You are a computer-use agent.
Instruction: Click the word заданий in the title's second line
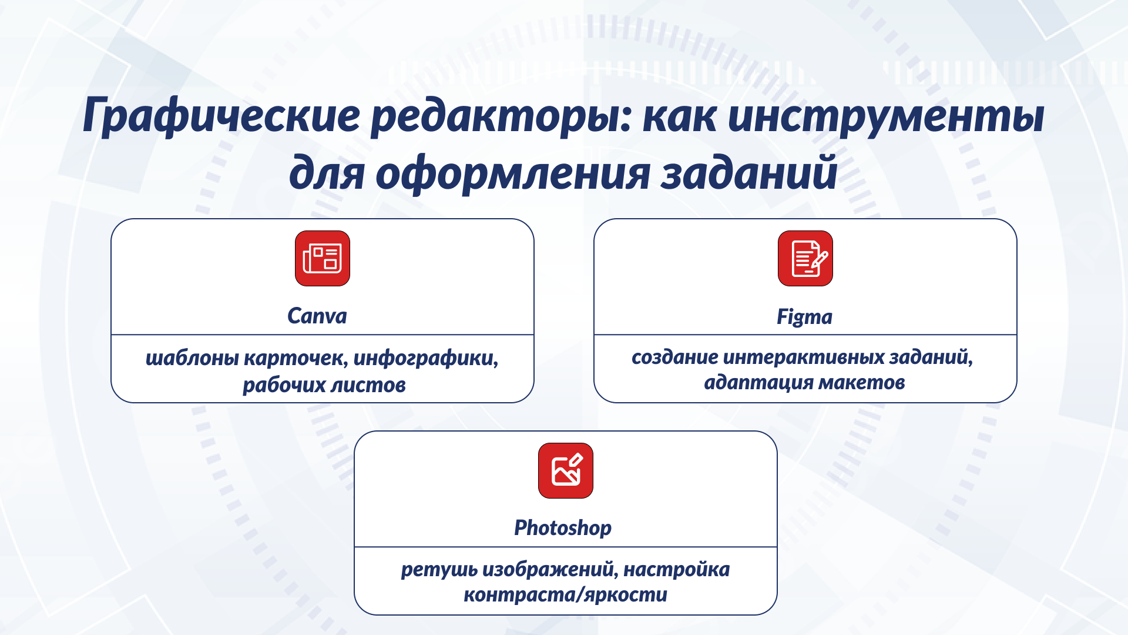point(748,173)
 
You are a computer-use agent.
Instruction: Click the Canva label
point(317,316)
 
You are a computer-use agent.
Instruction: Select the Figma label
point(804,317)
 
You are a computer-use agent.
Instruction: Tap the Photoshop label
point(563,528)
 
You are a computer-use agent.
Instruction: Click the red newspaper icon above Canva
point(323,259)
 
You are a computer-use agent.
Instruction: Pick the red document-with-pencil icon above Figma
point(805,259)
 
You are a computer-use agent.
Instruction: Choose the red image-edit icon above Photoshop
point(566,471)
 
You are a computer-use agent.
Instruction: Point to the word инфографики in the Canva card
point(425,358)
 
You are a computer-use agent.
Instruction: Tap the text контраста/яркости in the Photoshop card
point(565,595)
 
